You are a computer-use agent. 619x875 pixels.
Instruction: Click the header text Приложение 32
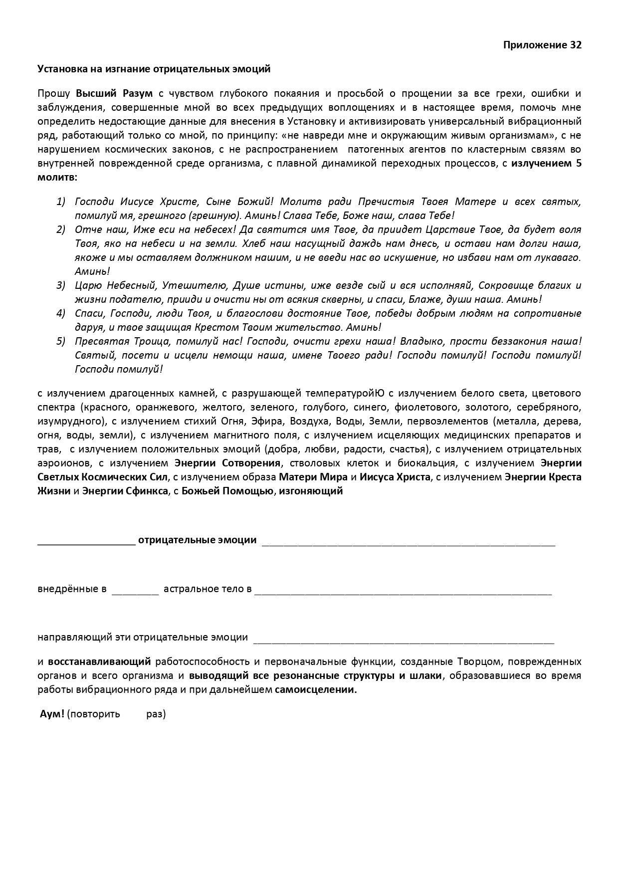(x=542, y=45)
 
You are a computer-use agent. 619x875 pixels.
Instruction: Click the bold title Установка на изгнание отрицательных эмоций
(x=154, y=69)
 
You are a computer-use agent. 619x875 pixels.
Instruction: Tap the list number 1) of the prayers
(x=61, y=202)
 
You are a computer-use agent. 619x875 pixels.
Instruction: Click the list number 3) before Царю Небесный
(x=61, y=285)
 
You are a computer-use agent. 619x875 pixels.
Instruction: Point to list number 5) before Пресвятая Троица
(x=61, y=341)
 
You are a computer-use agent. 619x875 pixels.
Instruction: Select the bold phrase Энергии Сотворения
(x=227, y=462)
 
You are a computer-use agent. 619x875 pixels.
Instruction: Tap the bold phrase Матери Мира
(x=313, y=476)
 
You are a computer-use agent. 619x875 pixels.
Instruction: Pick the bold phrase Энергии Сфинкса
(x=125, y=490)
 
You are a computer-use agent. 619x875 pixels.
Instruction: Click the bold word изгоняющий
(x=311, y=490)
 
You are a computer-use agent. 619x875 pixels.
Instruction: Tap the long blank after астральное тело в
(x=403, y=593)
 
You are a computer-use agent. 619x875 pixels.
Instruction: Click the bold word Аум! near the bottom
(x=52, y=714)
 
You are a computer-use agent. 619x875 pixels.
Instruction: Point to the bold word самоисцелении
(x=316, y=690)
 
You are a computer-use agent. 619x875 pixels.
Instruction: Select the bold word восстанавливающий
(x=99, y=662)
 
